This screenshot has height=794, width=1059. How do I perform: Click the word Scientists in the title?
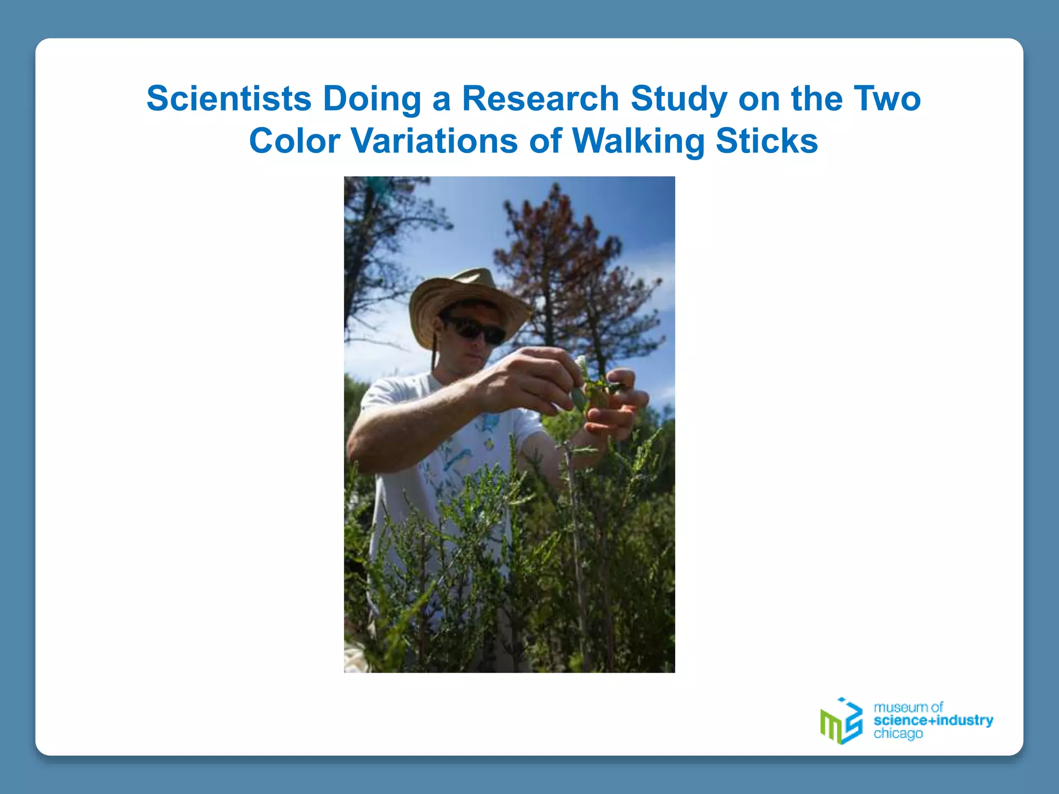[x=229, y=98]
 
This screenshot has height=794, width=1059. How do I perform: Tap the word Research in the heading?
[x=540, y=98]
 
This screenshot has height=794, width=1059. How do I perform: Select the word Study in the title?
[x=679, y=99]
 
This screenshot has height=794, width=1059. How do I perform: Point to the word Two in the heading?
[x=887, y=98]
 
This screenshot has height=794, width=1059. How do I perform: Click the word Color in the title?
[x=294, y=141]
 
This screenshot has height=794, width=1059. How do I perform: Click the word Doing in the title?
[x=372, y=99]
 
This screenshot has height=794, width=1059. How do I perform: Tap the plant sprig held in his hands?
[x=600, y=388]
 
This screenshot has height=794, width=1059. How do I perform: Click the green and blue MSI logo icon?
[x=841, y=721]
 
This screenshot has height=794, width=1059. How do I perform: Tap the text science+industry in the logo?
[x=933, y=720]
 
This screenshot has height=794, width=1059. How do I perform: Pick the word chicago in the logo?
[x=898, y=734]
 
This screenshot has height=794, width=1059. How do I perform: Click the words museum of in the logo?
[x=908, y=707]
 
